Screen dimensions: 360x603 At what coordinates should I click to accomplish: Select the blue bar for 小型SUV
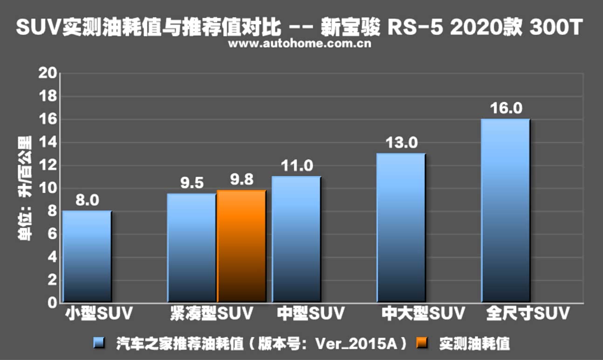(87, 256)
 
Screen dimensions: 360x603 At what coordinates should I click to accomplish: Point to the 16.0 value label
(506, 109)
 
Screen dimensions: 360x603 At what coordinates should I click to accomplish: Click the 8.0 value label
(87, 201)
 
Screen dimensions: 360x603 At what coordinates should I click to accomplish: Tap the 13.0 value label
(401, 143)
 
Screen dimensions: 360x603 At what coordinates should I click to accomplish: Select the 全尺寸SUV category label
(527, 313)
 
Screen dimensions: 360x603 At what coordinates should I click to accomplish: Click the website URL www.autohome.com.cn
(300, 44)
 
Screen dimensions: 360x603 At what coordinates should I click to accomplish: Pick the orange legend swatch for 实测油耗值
(421, 344)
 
